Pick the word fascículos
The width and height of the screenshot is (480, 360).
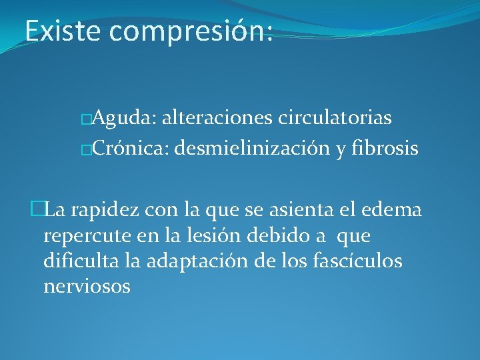click(x=357, y=261)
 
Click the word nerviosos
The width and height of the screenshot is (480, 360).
click(x=87, y=287)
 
